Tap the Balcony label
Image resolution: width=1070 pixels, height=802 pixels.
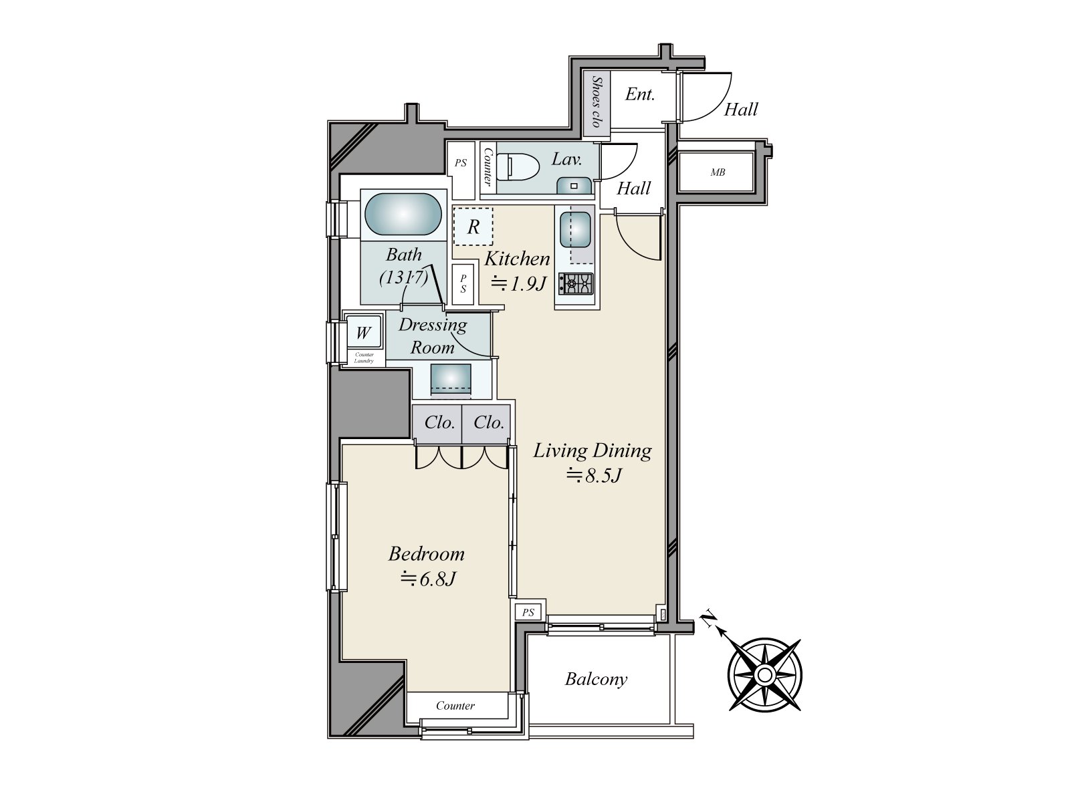[596, 680]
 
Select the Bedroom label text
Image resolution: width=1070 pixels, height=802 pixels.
[426, 554]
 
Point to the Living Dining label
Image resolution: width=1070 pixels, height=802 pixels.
[592, 451]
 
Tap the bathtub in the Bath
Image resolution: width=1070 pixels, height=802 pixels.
[403, 215]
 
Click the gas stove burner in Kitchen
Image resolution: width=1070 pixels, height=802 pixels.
[576, 283]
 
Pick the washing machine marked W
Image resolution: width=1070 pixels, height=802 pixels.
[363, 332]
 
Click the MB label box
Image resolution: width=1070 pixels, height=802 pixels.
[718, 172]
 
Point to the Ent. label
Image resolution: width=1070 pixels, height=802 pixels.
[639, 95]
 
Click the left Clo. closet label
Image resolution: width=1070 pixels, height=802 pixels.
[439, 422]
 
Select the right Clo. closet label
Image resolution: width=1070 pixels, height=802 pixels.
[488, 422]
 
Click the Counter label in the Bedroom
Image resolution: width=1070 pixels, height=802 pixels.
[455, 706]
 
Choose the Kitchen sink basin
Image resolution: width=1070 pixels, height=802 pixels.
[573, 228]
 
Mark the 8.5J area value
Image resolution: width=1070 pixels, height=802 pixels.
[595, 476]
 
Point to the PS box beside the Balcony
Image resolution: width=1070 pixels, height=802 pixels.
[528, 612]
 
